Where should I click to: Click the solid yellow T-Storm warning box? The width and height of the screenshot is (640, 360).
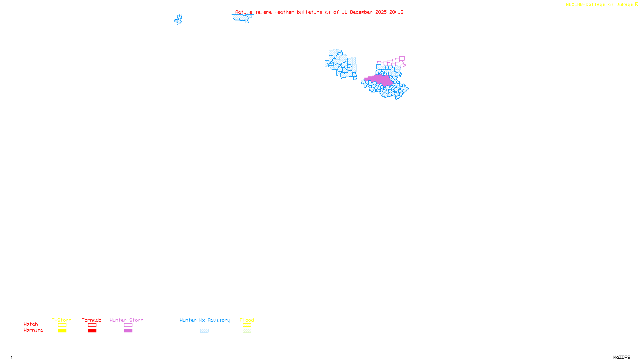click(62, 331)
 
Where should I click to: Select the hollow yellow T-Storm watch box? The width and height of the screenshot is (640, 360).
click(62, 325)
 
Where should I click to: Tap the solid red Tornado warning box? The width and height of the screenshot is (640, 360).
click(92, 331)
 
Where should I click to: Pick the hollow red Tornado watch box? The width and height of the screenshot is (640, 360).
click(92, 325)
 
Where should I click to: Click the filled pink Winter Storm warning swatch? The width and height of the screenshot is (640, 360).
click(128, 331)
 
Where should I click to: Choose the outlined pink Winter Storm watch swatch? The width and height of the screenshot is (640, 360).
click(128, 325)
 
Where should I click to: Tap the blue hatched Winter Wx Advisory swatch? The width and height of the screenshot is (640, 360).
click(204, 331)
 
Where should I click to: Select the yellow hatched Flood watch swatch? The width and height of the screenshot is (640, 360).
click(247, 325)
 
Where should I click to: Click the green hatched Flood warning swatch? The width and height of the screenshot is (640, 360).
click(247, 331)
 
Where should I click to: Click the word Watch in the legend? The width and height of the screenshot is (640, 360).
click(31, 324)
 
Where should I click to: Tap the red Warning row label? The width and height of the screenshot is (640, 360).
click(33, 330)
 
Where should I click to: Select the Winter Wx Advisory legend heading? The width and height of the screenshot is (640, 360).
click(205, 320)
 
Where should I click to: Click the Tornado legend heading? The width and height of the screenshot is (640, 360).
click(92, 320)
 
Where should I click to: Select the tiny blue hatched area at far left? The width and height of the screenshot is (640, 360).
click(178, 20)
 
